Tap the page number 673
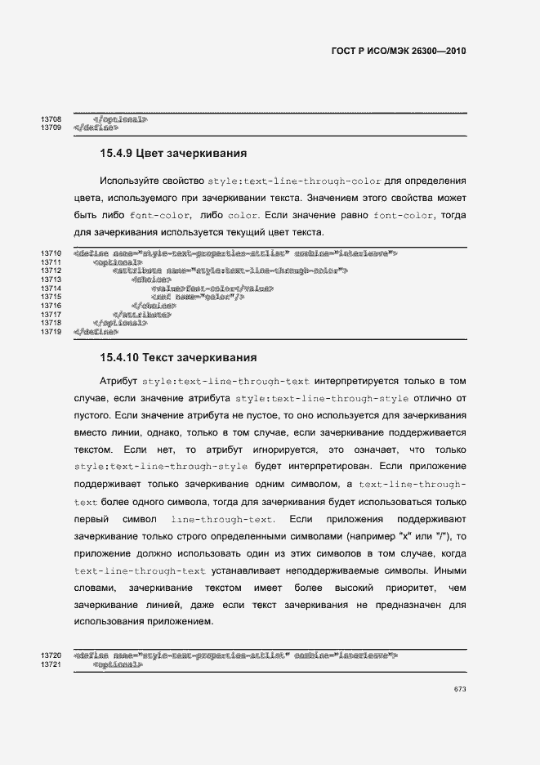click(x=460, y=690)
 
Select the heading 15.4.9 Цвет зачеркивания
click(x=173, y=153)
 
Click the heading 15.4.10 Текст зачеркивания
click(x=178, y=357)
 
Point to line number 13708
click(x=51, y=119)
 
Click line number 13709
click(x=51, y=128)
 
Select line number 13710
click(x=51, y=254)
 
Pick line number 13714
click(x=51, y=289)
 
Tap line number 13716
click(x=51, y=306)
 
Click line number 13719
click(x=51, y=332)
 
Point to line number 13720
click(x=51, y=655)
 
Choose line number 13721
click(x=51, y=664)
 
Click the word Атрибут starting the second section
click(x=118, y=382)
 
